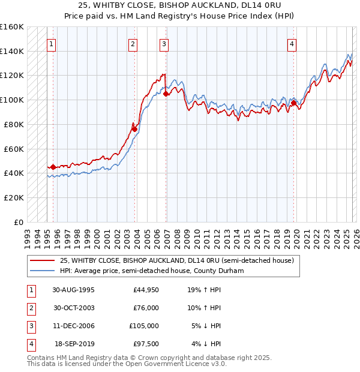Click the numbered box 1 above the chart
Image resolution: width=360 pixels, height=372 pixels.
coord(52,44)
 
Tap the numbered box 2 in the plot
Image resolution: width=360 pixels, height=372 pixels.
coord(133,44)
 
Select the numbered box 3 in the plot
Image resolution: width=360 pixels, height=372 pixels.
coord(164,44)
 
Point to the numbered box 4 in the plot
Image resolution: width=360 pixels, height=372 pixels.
coord(292,44)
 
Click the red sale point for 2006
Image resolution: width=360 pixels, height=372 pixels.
coord(166,94)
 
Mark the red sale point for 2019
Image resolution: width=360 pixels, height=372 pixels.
coord(293,103)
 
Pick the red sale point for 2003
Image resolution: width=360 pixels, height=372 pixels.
coord(134,129)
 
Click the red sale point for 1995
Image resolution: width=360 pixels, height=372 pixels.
coord(53,167)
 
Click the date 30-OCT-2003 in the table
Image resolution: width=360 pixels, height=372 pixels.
coord(73,308)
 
